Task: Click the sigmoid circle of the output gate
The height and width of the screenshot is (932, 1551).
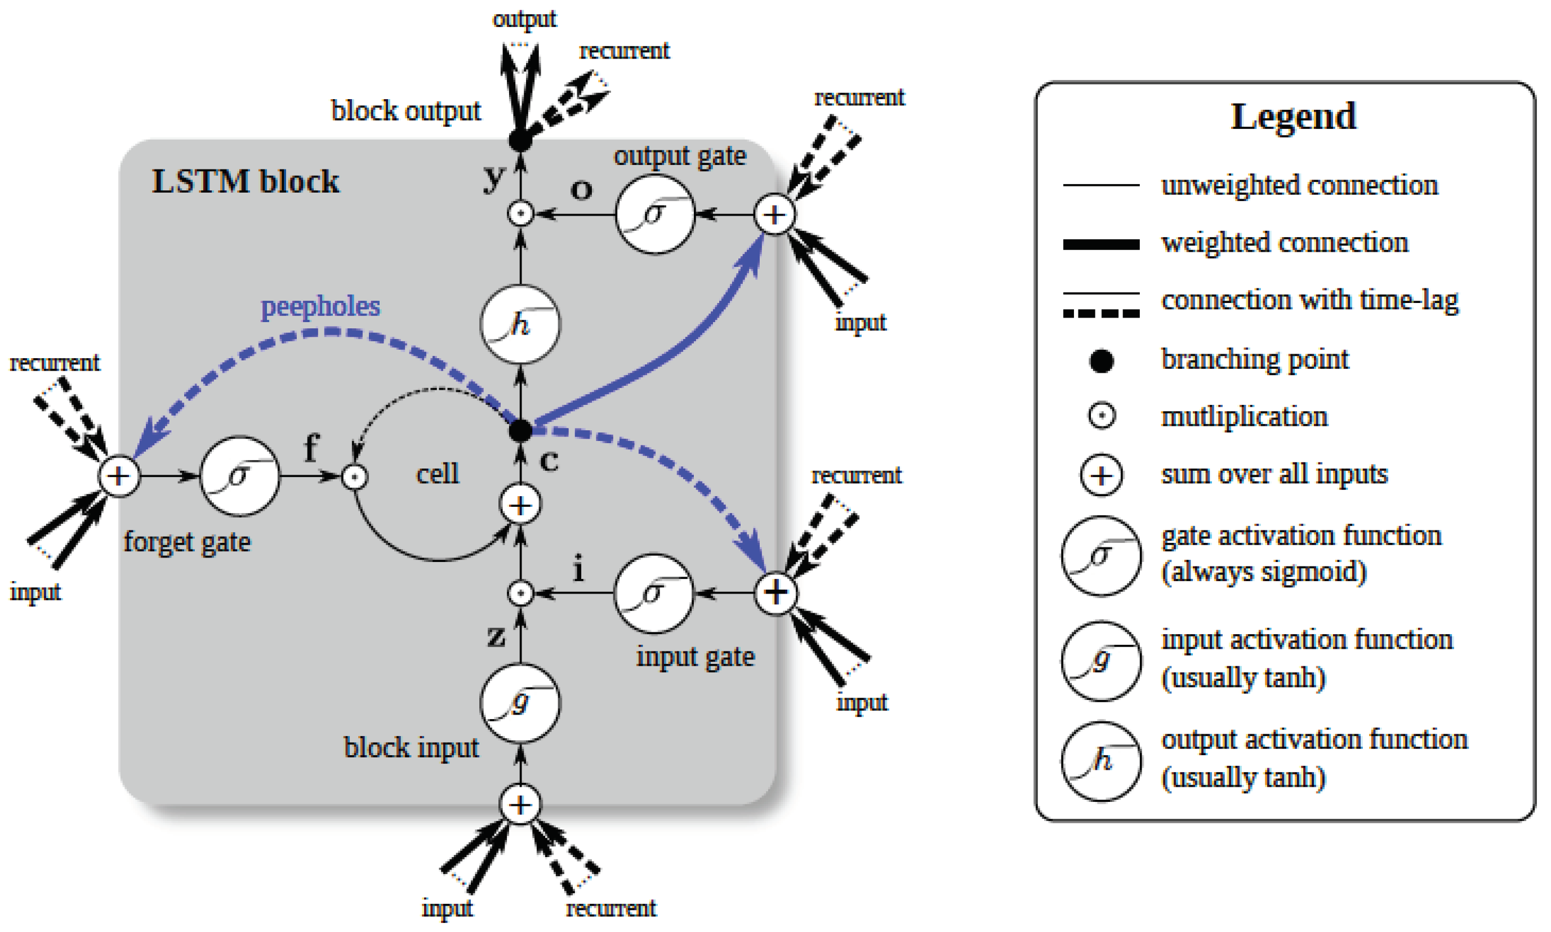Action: coord(654,214)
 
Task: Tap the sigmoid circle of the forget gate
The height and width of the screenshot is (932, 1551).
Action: coord(239,476)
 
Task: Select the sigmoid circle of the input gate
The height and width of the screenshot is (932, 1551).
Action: coord(653,593)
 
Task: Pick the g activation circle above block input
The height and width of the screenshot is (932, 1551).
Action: coord(520,703)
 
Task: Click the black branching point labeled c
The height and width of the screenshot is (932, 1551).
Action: coord(520,431)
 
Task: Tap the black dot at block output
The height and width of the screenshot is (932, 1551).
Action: coord(520,140)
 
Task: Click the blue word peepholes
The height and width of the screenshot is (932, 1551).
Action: coord(320,306)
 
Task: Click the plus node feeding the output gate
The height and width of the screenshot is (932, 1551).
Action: coord(774,215)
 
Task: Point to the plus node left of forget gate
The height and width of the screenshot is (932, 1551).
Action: coord(119,476)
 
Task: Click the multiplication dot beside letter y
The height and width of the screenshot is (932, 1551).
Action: coord(520,214)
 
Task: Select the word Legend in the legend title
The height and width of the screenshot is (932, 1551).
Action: coord(1293,117)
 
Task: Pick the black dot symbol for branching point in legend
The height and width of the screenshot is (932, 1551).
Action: coord(1102,361)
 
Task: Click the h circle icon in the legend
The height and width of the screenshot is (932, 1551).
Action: coord(1102,761)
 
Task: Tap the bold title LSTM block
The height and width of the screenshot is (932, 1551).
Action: coord(245,182)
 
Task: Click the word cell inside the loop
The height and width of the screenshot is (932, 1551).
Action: coord(438,474)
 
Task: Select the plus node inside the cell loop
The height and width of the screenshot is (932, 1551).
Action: coord(520,506)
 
